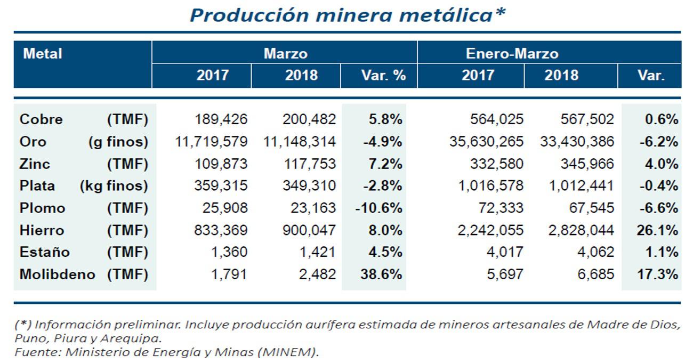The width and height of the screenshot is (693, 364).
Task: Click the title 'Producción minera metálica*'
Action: [347, 15]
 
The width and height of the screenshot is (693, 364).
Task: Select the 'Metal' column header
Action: [43, 54]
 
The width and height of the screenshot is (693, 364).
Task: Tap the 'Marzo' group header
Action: [285, 54]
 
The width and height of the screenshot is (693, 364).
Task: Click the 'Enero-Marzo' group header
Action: [512, 54]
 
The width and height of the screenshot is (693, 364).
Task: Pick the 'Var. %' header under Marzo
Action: [383, 76]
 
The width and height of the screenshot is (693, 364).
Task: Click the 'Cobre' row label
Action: [41, 119]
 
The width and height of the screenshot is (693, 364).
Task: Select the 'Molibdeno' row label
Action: [57, 274]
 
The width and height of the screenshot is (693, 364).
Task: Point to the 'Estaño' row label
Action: [45, 252]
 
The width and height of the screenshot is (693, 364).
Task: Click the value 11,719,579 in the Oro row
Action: [211, 142]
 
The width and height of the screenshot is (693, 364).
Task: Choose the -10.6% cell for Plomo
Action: [378, 208]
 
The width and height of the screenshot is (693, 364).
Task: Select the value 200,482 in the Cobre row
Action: [310, 119]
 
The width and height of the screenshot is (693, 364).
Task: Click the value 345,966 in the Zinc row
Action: [586, 164]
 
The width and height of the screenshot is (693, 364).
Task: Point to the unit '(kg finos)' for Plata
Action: [114, 186]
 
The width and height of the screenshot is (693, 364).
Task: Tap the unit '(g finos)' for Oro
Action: [118, 142]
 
